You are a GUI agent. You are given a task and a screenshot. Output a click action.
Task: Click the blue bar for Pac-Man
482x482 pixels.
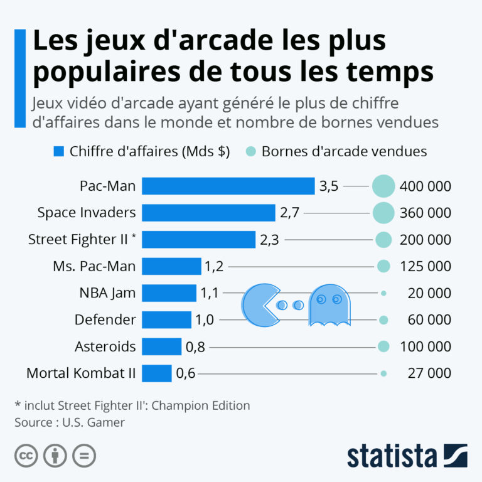tap(228, 186)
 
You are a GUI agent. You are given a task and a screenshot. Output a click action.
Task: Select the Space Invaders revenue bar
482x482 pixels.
tap(208, 213)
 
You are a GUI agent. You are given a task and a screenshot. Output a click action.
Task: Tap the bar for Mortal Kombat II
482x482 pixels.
tap(156, 373)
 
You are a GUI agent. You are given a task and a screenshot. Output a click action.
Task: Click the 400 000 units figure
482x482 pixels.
tap(425, 186)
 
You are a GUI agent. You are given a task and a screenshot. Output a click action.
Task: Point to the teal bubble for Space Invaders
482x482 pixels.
tap(383, 213)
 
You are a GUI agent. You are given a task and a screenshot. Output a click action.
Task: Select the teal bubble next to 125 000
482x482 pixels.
tap(383, 266)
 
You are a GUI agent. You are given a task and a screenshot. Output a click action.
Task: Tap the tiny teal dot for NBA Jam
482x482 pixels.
tap(383, 293)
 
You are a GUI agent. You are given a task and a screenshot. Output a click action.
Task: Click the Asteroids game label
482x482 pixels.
tap(105, 346)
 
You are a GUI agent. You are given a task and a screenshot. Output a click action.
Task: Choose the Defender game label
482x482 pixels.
tap(105, 320)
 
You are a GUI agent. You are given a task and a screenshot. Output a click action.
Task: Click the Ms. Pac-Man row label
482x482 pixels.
tap(94, 266)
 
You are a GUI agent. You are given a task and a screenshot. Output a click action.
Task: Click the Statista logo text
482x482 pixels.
tap(392, 456)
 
